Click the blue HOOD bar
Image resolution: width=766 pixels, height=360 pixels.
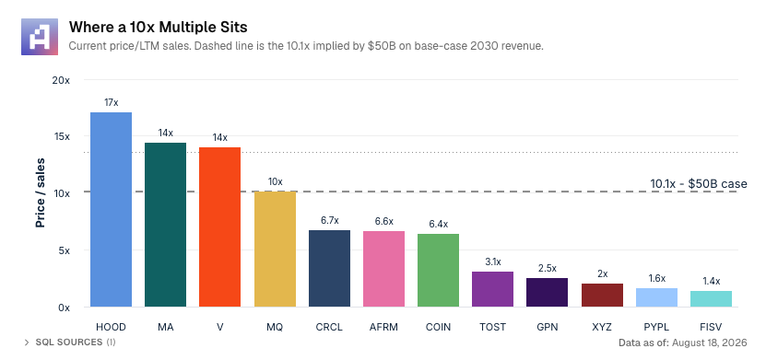111,210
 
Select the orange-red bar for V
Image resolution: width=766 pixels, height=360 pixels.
219,227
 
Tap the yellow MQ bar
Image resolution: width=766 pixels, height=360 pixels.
275,250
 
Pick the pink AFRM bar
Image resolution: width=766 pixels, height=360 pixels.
384,269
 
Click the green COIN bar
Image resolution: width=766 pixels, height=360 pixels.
438,271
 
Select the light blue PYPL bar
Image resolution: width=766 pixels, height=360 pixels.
656,297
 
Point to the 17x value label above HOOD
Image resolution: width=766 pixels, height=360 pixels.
111,103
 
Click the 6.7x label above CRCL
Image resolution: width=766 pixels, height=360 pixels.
330,220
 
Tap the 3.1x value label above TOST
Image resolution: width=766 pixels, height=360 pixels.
493,262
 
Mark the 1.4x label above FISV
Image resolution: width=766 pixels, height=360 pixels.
712,281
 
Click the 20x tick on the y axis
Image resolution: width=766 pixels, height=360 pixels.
61,80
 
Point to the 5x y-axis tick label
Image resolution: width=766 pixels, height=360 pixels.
64,250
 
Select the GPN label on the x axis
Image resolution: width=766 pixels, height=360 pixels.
548,327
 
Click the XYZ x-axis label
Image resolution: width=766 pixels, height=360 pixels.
602,327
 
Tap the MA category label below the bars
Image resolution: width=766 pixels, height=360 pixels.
166,327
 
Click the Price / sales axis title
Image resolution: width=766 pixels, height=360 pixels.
41,192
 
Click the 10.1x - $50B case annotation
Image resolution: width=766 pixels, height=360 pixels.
699,184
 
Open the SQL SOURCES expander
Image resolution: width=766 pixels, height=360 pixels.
70,343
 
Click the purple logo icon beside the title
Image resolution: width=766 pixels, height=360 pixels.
40,37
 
